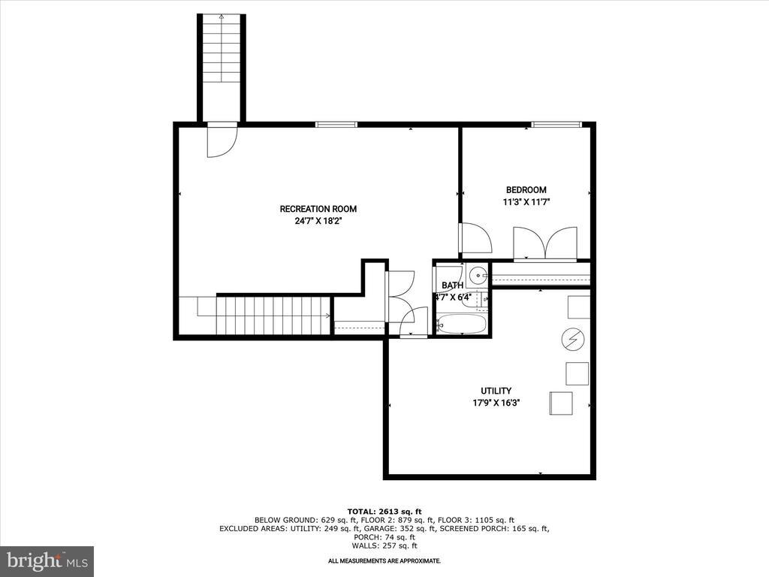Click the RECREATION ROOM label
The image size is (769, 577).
(318, 209)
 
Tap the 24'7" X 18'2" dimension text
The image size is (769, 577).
(318, 221)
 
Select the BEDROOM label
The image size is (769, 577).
(526, 190)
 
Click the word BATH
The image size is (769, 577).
(452, 285)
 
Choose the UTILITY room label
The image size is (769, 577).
(496, 391)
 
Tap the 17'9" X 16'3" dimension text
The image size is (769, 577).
(496, 403)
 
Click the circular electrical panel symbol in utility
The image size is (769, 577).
(572, 340)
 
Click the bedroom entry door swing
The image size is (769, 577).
(475, 239)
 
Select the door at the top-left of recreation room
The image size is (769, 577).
(222, 140)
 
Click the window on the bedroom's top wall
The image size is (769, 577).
(556, 124)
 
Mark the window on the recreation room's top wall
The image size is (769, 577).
(336, 124)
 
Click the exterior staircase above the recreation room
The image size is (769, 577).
(222, 68)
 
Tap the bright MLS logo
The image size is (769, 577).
(47, 560)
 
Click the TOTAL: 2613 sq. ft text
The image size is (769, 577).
(384, 511)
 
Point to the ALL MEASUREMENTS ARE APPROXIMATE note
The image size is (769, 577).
(384, 561)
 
